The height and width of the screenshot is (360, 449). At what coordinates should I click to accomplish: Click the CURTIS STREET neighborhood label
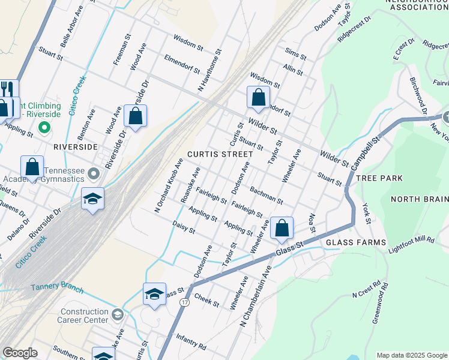219,154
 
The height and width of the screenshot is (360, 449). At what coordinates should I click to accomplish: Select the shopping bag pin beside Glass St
282,229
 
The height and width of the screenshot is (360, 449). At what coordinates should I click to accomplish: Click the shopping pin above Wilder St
258,98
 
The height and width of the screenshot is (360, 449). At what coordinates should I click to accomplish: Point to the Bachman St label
267,194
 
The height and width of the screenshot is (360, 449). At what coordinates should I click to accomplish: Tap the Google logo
20,353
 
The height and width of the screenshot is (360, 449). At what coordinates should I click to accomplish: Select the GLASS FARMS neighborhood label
356,242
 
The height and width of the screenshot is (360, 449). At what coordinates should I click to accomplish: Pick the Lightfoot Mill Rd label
411,244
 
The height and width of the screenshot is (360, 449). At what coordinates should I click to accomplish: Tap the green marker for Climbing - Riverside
43,127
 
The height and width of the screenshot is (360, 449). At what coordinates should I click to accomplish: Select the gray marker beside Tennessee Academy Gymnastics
93,174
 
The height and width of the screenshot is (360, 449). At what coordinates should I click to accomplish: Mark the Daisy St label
184,227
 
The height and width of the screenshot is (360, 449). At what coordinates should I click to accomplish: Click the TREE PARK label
379,179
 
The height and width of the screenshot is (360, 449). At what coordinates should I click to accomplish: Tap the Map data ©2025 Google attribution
411,355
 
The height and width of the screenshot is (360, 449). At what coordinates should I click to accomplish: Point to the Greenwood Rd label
380,303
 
